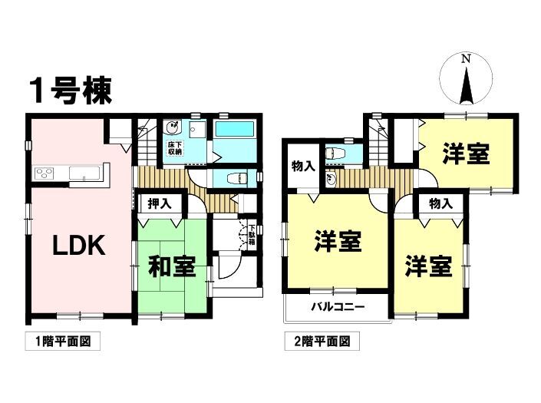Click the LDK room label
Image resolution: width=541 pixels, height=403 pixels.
pyautogui.click(x=79, y=245)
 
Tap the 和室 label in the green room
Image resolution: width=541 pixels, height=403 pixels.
pyautogui.click(x=172, y=266)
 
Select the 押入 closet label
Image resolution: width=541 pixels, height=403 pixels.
pyautogui.click(x=160, y=203)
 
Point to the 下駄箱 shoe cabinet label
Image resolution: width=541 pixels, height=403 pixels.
pyautogui.click(x=252, y=235)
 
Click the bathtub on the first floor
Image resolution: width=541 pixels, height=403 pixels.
pyautogui.click(x=235, y=129)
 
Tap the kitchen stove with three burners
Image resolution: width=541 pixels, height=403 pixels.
pyautogui.click(x=44, y=173)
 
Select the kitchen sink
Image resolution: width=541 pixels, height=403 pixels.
pyautogui.click(x=84, y=173)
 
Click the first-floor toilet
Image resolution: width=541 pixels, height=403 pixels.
pyautogui.click(x=237, y=179)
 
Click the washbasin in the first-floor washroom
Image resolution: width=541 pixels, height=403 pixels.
pyautogui.click(x=171, y=127)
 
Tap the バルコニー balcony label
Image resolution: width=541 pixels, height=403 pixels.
pyautogui.click(x=338, y=306)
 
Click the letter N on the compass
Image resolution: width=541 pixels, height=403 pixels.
pyautogui.click(x=466, y=59)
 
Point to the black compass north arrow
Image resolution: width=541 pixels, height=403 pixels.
pyautogui.click(x=466, y=86)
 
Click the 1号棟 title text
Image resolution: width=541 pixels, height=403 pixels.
pyautogui.click(x=71, y=91)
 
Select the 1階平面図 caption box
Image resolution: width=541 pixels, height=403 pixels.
pyautogui.click(x=63, y=342)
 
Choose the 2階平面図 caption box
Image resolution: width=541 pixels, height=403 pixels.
pyautogui.click(x=322, y=342)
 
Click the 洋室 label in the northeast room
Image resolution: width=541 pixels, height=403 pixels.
pyautogui.click(x=466, y=154)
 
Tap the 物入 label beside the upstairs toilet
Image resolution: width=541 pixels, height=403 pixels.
pyautogui.click(x=303, y=167)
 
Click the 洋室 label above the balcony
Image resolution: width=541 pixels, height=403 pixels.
pyautogui.click(x=338, y=241)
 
